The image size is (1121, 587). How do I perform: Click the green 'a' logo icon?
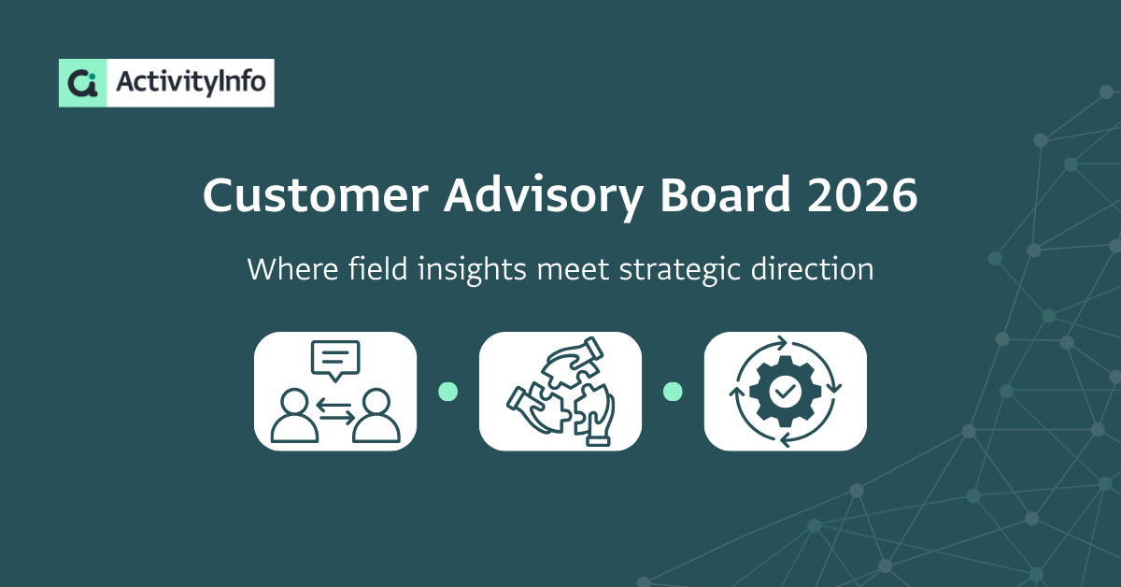click(x=82, y=83)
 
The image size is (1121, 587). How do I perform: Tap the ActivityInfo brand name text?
click(x=191, y=82)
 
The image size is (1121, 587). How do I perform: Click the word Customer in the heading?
click(x=316, y=194)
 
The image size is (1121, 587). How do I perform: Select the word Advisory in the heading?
click(x=544, y=197)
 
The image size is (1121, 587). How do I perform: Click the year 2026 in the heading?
click(x=862, y=195)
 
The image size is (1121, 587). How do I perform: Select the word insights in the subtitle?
click(x=472, y=270)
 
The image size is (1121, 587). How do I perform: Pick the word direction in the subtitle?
click(x=812, y=269)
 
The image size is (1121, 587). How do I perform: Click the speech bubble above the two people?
click(x=335, y=361)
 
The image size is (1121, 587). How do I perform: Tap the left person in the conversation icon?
click(x=294, y=416)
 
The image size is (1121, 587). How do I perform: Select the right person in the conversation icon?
click(x=376, y=416)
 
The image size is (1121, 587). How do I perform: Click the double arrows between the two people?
click(x=335, y=410)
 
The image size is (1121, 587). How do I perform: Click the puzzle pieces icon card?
click(x=560, y=391)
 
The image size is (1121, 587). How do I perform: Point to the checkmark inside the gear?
click(x=785, y=391)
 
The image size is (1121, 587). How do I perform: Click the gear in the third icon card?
click(x=785, y=391)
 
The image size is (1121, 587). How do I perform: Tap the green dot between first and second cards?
click(x=447, y=392)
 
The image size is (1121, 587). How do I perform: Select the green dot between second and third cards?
click(x=673, y=392)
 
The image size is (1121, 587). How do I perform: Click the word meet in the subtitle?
click(x=573, y=270)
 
